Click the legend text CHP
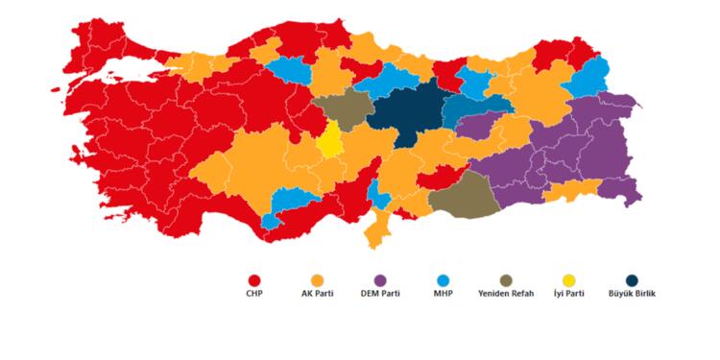[x=253, y=293]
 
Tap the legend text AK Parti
[x=317, y=293]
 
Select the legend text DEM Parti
[x=379, y=293]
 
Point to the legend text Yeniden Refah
[x=505, y=293]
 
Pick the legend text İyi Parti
[x=568, y=293]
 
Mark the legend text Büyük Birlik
[x=632, y=293]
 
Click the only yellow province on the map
[x=330, y=140]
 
